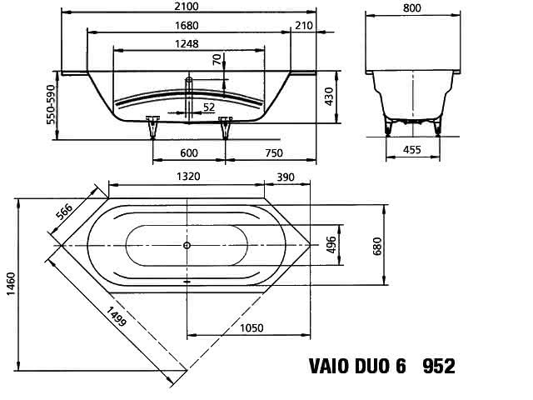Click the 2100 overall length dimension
(x=187, y=6)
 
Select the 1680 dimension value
(x=187, y=26)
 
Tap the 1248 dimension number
(x=187, y=44)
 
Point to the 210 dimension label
(x=303, y=26)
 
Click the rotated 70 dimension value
(x=217, y=59)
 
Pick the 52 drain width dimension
(x=209, y=107)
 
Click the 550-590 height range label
(x=51, y=104)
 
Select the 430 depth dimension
(x=329, y=97)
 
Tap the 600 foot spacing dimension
(x=189, y=152)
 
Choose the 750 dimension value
(x=274, y=152)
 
